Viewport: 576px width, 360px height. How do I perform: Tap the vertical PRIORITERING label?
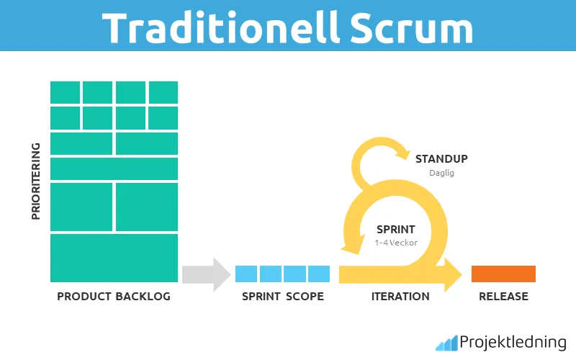coord(35,180)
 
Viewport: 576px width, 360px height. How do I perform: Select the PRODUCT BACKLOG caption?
coord(114,297)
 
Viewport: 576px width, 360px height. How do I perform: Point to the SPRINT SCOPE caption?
coord(283,297)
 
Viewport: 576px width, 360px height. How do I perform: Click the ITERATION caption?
coord(400,297)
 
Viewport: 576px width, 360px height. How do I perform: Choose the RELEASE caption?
coord(503,297)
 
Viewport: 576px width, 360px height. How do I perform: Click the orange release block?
coord(503,274)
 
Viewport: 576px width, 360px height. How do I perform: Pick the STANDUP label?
coord(441,158)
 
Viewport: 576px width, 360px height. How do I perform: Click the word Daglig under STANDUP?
coord(441,174)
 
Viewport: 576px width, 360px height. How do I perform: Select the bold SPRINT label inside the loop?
coord(395,230)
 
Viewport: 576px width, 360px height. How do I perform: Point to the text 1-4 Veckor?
coord(395,243)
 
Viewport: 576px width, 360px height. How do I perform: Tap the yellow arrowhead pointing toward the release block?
coord(453,274)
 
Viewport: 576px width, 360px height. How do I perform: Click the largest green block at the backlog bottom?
coord(114,257)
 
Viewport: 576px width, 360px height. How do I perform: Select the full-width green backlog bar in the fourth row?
coord(114,168)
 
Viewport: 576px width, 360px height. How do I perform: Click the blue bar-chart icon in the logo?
coord(446,342)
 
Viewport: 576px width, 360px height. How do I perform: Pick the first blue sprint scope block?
coord(246,274)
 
